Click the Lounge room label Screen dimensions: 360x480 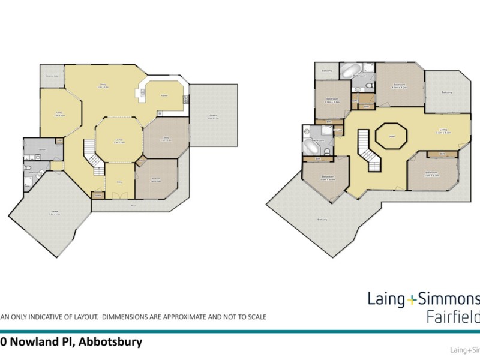coord(119,140)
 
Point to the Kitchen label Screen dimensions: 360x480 coord(163,95)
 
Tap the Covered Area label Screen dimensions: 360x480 coord(52,76)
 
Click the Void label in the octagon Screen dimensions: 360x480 coord(391,136)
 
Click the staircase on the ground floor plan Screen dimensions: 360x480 coord(93,154)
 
